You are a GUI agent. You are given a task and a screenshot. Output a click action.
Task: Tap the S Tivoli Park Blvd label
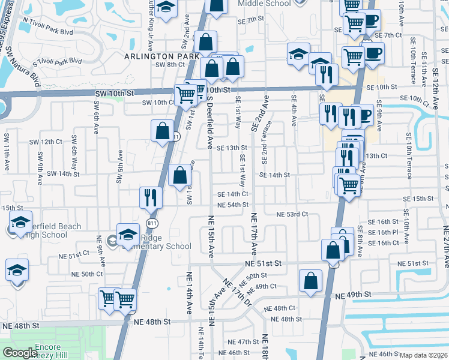click(57, 61)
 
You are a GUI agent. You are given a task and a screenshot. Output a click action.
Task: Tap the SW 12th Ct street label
click(46, 142)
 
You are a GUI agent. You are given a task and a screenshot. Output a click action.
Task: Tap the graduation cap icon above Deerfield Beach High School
click(20, 223)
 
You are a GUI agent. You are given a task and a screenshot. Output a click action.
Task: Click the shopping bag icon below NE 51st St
click(310, 280)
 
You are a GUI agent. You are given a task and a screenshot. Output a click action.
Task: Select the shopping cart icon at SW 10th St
click(185, 94)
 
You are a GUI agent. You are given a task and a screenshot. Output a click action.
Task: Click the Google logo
click(20, 353)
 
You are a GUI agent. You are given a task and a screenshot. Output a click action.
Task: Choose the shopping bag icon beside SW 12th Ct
click(162, 130)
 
